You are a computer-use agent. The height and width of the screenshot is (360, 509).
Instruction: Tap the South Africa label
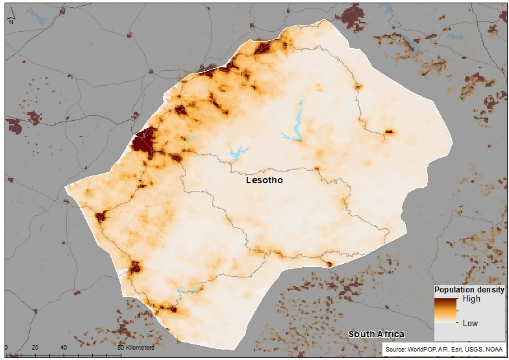tap(376, 334)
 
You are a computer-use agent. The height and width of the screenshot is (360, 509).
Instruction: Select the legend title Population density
tap(469, 289)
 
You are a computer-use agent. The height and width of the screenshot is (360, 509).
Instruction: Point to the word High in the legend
tap(471, 299)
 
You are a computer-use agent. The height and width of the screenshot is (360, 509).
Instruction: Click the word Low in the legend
tap(470, 323)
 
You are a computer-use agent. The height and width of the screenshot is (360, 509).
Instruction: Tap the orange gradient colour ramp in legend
tap(446, 311)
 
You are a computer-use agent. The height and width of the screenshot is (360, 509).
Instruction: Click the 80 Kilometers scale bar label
tap(136, 348)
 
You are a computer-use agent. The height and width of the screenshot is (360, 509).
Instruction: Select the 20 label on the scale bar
tap(35, 348)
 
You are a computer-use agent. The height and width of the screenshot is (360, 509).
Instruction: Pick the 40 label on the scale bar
tap(63, 348)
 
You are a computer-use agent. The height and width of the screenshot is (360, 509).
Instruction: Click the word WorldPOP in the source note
tap(423, 350)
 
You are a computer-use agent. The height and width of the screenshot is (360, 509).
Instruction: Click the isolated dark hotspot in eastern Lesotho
tap(390, 132)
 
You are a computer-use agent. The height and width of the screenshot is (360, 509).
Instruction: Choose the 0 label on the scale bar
tap(6, 348)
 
